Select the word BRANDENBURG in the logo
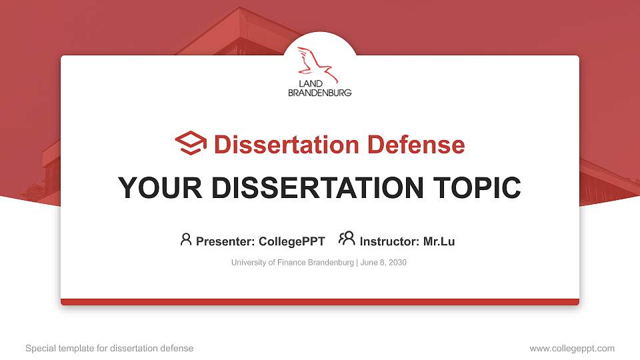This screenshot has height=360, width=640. [319, 93]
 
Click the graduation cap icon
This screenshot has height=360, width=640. [191, 143]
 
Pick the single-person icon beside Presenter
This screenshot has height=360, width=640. [186, 239]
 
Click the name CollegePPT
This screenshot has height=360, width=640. [293, 241]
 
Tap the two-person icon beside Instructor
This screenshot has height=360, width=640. [347, 238]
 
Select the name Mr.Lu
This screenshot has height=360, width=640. [439, 241]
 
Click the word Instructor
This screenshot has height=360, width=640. [389, 241]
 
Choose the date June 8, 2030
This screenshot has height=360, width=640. [384, 263]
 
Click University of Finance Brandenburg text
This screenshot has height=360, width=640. [292, 263]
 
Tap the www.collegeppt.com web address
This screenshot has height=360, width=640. [572, 348]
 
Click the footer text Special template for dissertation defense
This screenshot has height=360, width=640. [109, 348]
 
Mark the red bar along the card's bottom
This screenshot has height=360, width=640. [320, 302]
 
